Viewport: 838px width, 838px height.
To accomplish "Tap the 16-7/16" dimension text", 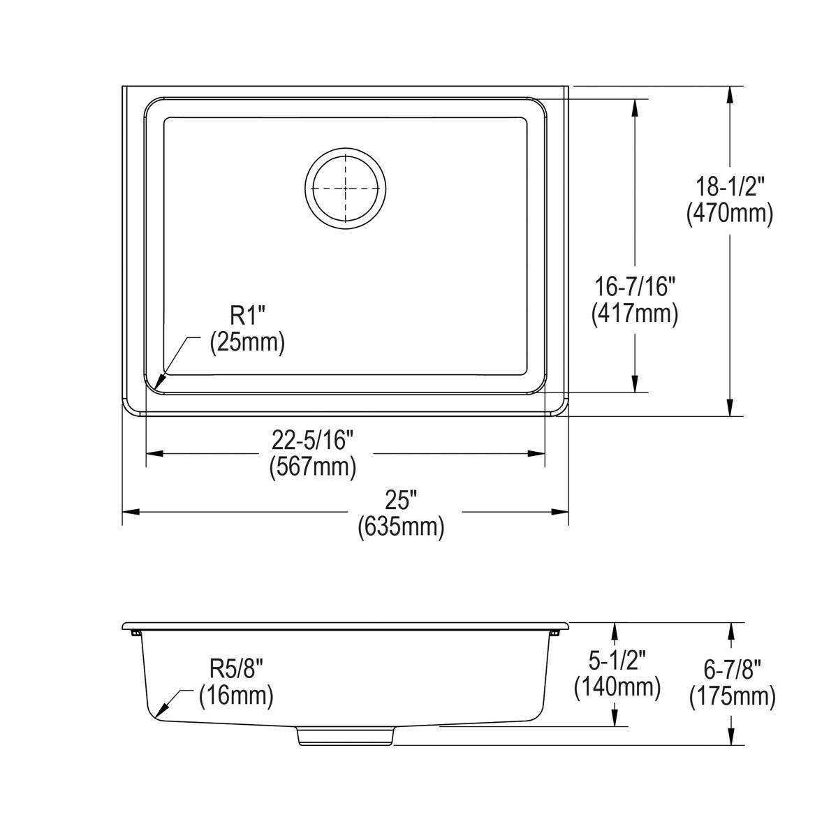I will tap(634, 286).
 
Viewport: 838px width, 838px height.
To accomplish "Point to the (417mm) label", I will tap(634, 314).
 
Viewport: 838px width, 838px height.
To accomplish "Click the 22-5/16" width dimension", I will tap(313, 441).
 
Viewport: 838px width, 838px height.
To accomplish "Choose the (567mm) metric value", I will tap(313, 466).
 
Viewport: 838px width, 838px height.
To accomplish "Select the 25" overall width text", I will tap(400, 500).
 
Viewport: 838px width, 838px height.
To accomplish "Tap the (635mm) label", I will tap(400, 527).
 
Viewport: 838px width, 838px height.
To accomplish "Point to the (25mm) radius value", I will tap(248, 343).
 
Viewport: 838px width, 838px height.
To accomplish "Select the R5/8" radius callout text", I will tap(236, 669).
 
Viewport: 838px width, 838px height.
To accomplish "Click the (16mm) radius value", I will tap(236, 696).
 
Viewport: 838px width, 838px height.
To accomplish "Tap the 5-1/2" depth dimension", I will tap(617, 659).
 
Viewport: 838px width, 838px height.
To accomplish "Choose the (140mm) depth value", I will tap(617, 686).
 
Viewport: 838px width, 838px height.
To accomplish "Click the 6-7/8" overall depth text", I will tap(732, 669).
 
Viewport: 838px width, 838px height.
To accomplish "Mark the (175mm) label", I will tap(732, 696).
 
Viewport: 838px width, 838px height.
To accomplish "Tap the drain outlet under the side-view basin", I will tap(346, 736).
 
